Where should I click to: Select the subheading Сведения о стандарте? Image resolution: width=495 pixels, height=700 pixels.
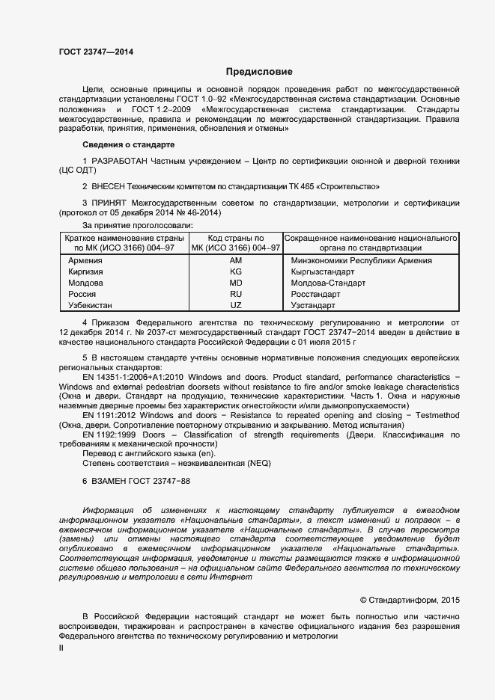128,144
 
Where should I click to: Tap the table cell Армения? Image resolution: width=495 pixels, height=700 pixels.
85,260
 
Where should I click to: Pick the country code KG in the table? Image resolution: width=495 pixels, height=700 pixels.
236,271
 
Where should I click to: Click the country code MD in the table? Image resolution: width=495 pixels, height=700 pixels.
236,283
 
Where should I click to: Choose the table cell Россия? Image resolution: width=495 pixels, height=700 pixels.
82,294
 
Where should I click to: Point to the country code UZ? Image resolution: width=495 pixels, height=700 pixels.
236,305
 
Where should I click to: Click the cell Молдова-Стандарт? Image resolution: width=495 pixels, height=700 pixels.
328,283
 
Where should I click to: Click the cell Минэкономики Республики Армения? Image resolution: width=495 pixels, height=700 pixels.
361,260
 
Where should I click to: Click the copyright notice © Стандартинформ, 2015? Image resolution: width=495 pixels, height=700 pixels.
410,599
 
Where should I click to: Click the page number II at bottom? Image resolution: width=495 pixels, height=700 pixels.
61,648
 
